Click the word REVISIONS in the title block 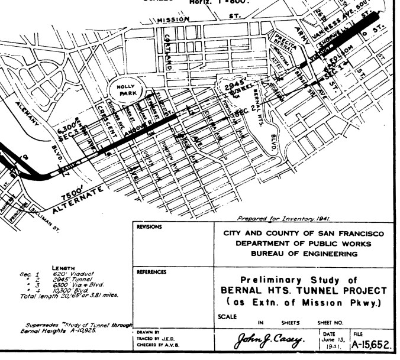[x=150, y=226]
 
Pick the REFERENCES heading [x=151, y=272]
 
